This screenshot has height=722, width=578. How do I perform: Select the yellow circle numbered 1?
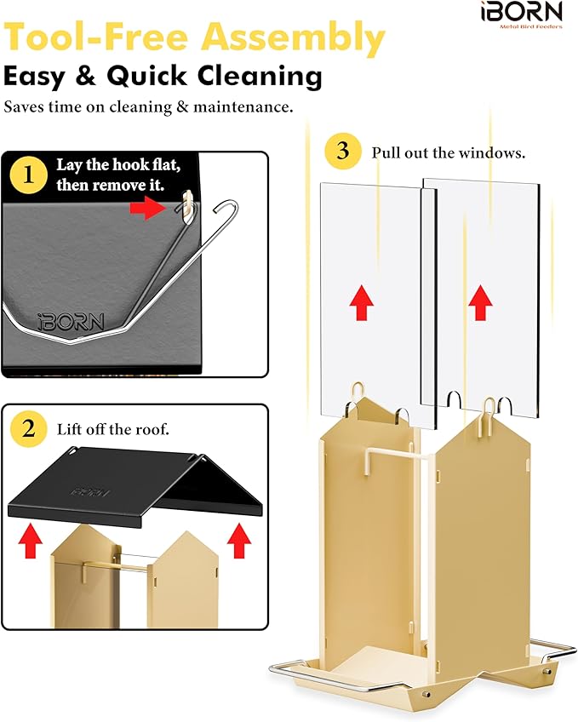tap(30, 176)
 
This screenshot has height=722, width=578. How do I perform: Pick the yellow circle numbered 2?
tap(29, 428)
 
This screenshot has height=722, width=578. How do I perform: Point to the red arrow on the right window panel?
tap(480, 300)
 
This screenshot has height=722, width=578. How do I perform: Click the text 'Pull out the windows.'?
tap(448, 153)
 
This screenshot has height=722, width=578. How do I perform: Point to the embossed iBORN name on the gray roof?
tap(70, 322)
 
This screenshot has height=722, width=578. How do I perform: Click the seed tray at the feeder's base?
tap(358, 668)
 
